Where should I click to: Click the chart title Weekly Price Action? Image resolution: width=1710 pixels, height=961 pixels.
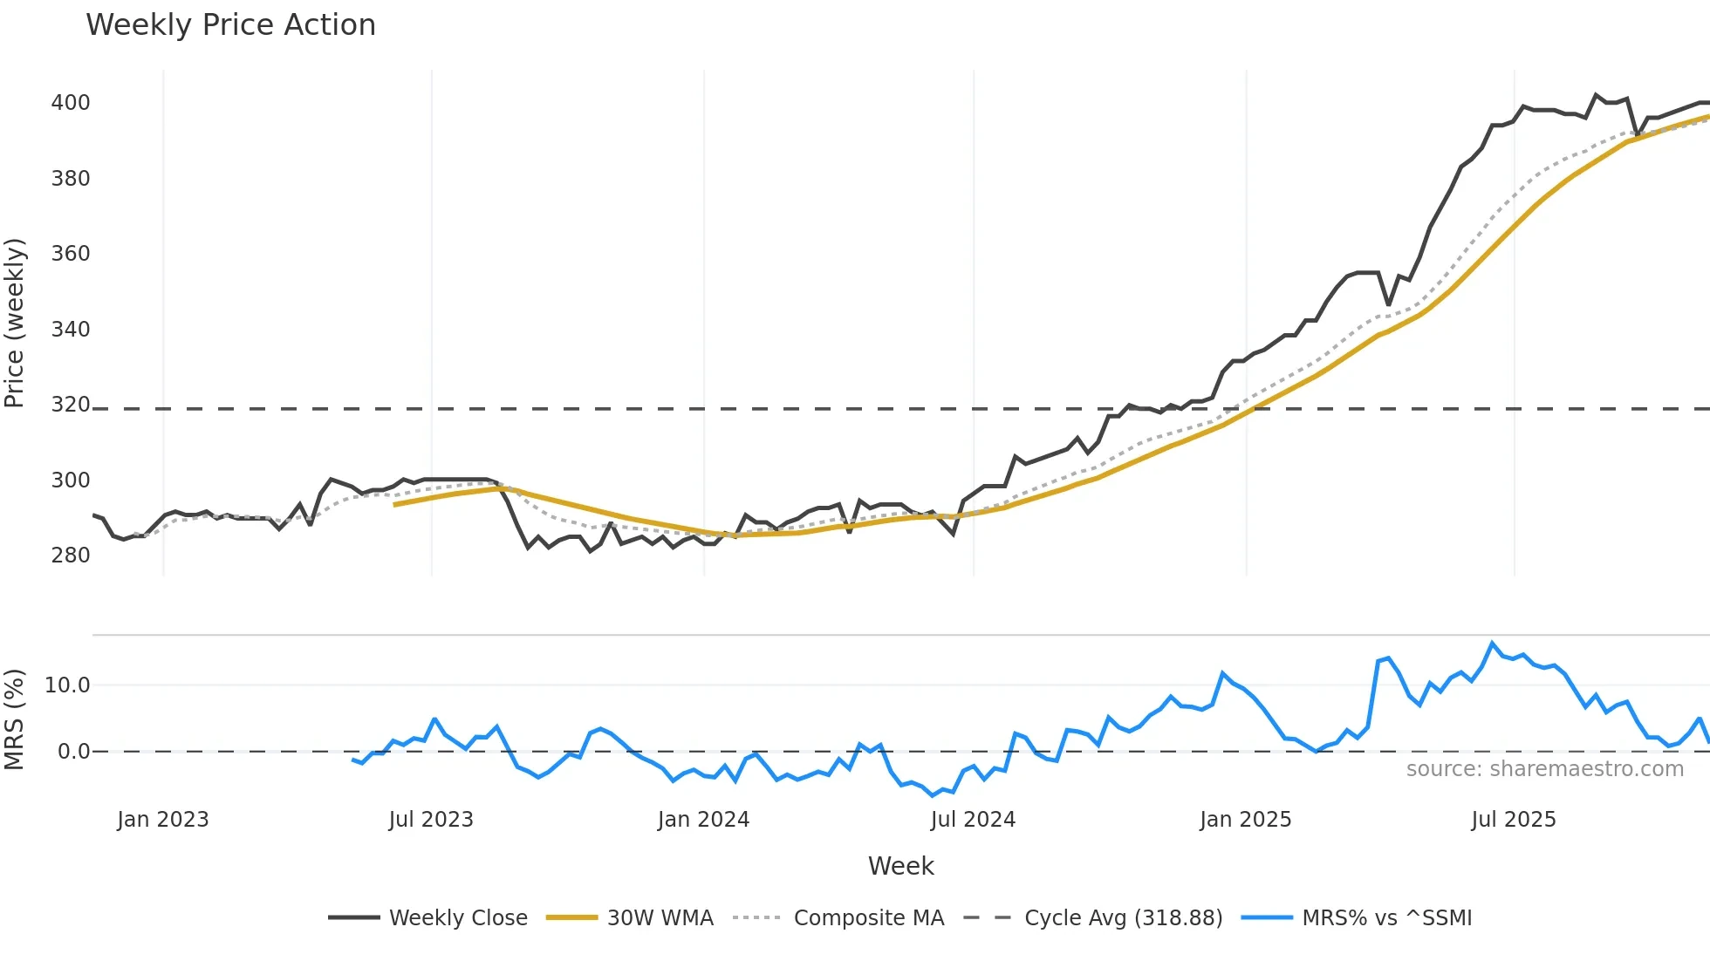[x=230, y=25]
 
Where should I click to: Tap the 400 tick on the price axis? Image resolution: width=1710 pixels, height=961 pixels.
[x=71, y=103]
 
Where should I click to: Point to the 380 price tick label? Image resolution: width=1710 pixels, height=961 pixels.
[x=71, y=179]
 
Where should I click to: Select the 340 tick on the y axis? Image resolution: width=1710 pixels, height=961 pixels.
[x=71, y=330]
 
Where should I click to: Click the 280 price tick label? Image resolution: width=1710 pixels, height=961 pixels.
[x=71, y=555]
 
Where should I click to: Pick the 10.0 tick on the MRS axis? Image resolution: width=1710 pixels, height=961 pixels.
[x=67, y=685]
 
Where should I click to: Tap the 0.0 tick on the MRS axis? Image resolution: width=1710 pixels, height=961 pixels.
[x=73, y=752]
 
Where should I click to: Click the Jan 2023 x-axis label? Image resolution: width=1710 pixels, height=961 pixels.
[x=163, y=820]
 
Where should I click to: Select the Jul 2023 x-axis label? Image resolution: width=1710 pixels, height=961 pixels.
[x=431, y=820]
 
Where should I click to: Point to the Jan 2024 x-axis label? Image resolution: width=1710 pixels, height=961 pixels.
[x=703, y=820]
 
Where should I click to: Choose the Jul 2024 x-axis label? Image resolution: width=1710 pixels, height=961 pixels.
[x=973, y=820]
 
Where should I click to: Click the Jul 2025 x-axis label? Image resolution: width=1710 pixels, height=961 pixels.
[x=1514, y=820]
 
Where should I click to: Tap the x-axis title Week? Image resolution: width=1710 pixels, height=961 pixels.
[x=900, y=866]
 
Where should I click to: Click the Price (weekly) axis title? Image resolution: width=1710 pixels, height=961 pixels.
[x=15, y=323]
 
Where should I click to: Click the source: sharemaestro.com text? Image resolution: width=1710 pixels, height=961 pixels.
[x=1544, y=769]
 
